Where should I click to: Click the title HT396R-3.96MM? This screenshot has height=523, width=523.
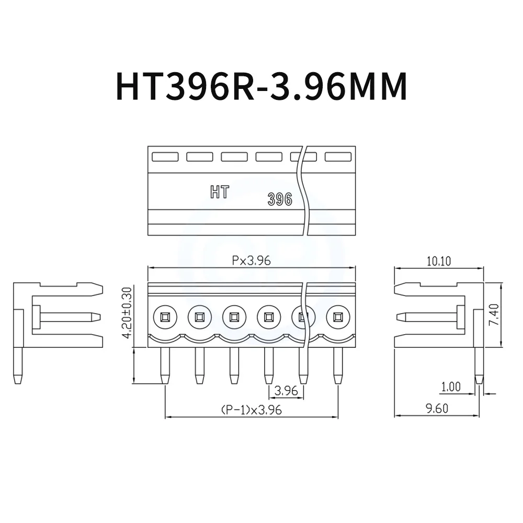click(254, 86)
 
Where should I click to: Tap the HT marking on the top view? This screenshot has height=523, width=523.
click(219, 192)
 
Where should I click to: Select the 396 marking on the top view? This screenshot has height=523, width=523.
click(280, 199)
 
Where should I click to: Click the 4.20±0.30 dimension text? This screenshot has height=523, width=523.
click(126, 313)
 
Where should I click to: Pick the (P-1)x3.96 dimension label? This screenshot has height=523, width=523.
click(251, 410)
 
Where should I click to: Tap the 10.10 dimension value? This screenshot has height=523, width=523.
click(438, 261)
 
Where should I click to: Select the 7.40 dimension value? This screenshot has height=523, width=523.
click(494, 315)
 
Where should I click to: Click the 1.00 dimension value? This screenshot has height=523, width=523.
click(450, 387)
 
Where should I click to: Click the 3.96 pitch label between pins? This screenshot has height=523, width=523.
click(286, 390)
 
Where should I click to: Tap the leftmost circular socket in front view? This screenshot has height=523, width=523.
click(165, 316)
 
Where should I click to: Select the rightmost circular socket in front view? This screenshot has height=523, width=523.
click(338, 316)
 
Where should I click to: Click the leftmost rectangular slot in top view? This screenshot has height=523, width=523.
click(165, 156)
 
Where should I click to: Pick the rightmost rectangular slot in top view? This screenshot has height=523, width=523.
click(338, 156)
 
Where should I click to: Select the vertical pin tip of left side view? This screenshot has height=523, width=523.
click(18, 378)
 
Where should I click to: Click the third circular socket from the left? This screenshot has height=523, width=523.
click(234, 316)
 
